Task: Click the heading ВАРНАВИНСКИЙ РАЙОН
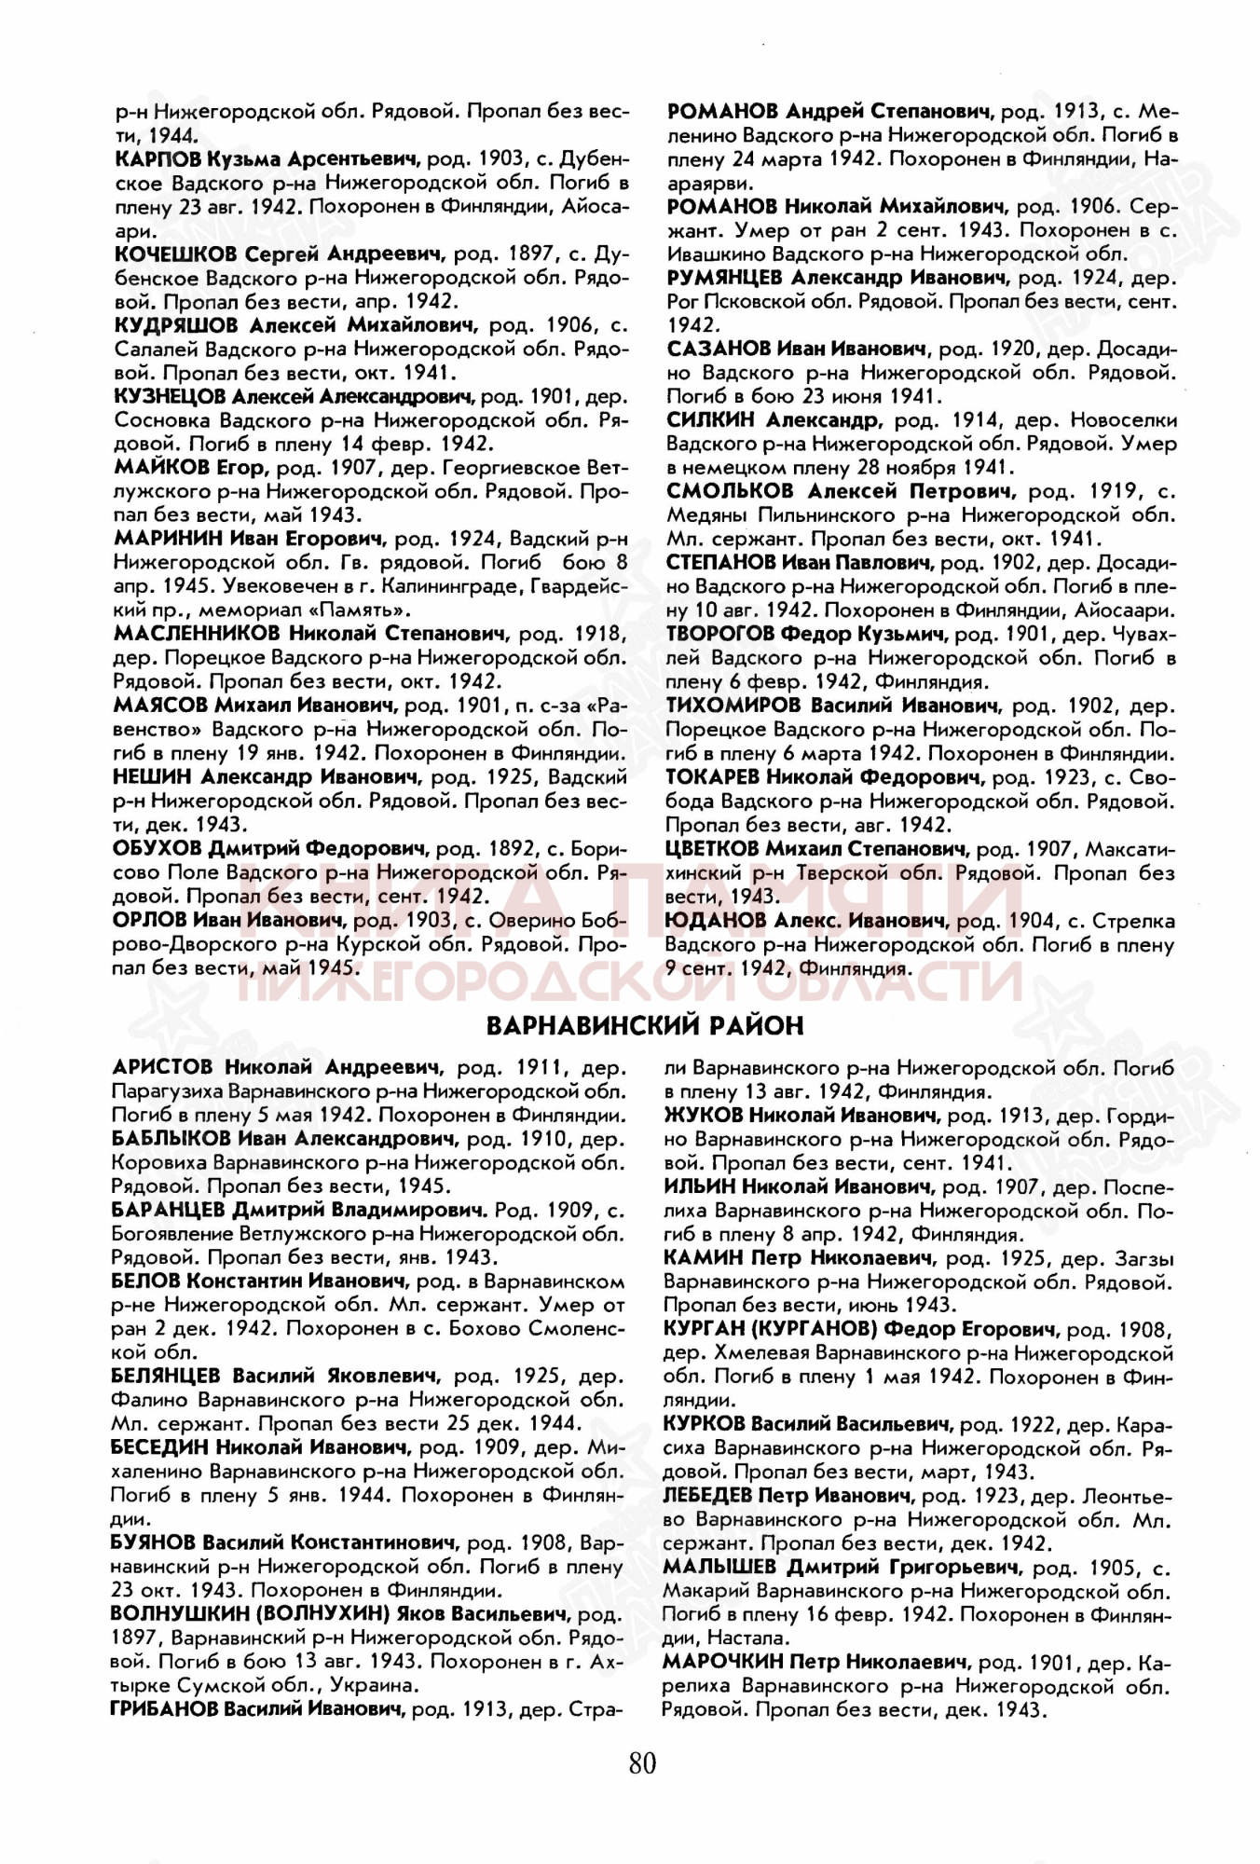pyautogui.click(x=645, y=1026)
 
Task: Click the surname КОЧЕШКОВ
pyautogui.click(x=175, y=254)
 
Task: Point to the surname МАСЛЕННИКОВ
pyautogui.click(x=196, y=634)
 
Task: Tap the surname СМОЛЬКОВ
pyautogui.click(x=730, y=491)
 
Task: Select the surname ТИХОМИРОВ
pyautogui.click(x=732, y=706)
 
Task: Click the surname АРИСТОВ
pyautogui.click(x=161, y=1066)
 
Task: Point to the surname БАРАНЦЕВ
pyautogui.click(x=168, y=1210)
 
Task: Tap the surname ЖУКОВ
pyautogui.click(x=703, y=1115)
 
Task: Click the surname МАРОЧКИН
pyautogui.click(x=721, y=1662)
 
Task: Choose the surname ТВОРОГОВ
pyautogui.click(x=719, y=635)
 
